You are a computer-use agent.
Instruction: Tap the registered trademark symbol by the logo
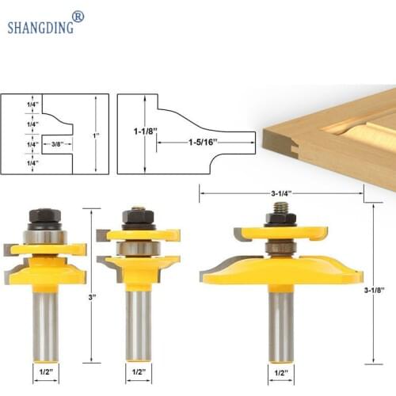coord(78,16)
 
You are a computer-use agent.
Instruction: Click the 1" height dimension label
coord(97,136)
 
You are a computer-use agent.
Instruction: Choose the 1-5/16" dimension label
coord(202,144)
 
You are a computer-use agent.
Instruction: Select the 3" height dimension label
coord(93,298)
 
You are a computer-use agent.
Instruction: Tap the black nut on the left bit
coord(44,215)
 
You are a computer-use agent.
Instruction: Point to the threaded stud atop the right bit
coord(280,210)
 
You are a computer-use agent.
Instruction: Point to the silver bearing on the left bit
coord(45,236)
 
